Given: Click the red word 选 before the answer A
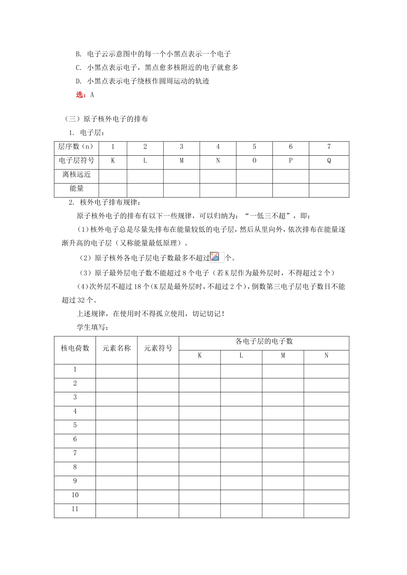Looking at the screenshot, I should coord(79,95).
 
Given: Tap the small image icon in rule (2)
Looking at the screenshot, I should coord(215,257).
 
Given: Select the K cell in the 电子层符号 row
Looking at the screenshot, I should coord(113,161).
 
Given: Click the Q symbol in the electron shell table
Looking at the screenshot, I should coord(329,161).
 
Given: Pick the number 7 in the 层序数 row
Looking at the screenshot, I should coord(329,147).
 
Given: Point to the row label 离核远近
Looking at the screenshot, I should coord(76,175).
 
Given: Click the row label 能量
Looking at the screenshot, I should coord(76,188).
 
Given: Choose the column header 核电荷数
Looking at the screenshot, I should coord(75,348).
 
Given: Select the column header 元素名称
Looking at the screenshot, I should coord(116,348).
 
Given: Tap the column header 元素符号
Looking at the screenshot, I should coord(158,348).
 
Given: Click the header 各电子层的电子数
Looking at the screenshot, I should coord(264,341).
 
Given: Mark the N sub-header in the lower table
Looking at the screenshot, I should coord(326,356).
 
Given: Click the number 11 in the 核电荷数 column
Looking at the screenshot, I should coord(75,509).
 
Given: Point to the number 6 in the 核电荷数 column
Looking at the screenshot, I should coord(75,439).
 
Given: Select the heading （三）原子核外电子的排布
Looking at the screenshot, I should coord(105,119).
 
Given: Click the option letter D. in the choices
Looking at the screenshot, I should coord(78,81).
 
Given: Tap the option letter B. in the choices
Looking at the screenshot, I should coord(78,54).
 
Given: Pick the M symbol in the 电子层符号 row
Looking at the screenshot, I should coord(181,161).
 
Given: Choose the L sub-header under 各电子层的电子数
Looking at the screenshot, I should coord(241,356).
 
